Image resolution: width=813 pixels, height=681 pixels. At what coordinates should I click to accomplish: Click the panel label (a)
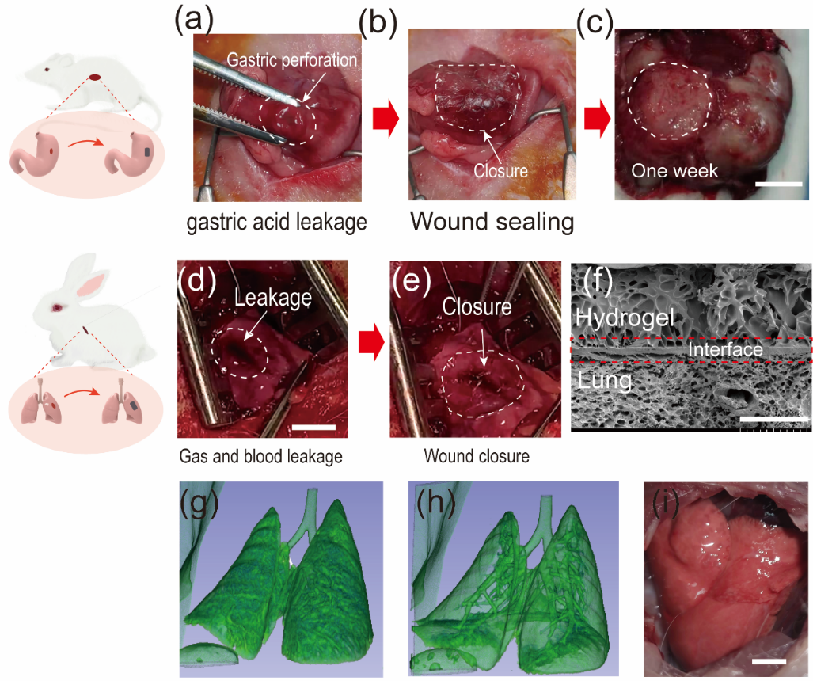[x=193, y=17]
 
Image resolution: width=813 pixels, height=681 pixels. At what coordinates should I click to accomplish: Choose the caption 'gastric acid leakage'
[x=277, y=223]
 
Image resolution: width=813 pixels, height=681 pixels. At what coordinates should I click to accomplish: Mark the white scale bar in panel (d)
[x=315, y=429]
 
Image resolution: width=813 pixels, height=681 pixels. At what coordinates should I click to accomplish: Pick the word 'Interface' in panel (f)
[x=725, y=349]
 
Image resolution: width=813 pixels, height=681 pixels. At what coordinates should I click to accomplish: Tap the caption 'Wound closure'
[x=468, y=457]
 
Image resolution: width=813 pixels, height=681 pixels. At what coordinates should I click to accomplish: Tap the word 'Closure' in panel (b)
[x=500, y=169]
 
